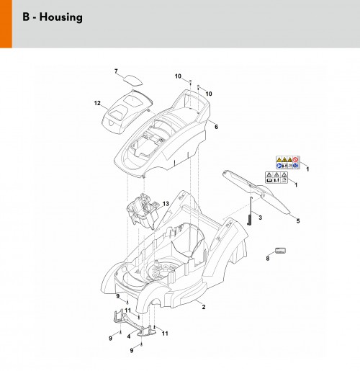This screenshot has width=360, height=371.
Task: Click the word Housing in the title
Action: point(61,17)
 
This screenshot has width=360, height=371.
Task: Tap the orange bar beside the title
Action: point(6,24)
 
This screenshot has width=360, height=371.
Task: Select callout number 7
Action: point(116,71)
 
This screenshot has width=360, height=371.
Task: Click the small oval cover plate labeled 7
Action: point(133,80)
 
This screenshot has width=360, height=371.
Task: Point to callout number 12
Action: point(97,103)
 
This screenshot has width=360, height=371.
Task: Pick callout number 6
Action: point(216,127)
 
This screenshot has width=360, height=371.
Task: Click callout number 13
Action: point(166,204)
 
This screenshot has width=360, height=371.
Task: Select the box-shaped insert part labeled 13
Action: point(143,210)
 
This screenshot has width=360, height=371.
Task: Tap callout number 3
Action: point(260,218)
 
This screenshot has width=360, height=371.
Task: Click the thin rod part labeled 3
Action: point(250,211)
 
